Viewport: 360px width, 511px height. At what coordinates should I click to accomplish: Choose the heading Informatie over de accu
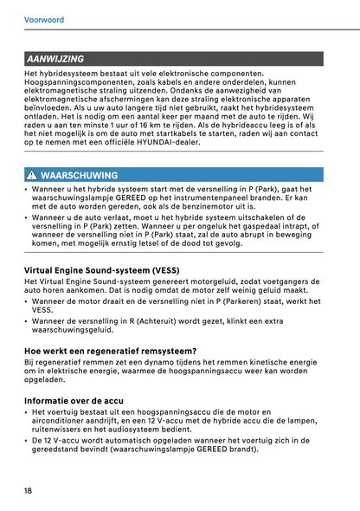click(74, 401)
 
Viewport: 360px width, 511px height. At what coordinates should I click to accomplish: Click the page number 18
click(29, 490)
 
